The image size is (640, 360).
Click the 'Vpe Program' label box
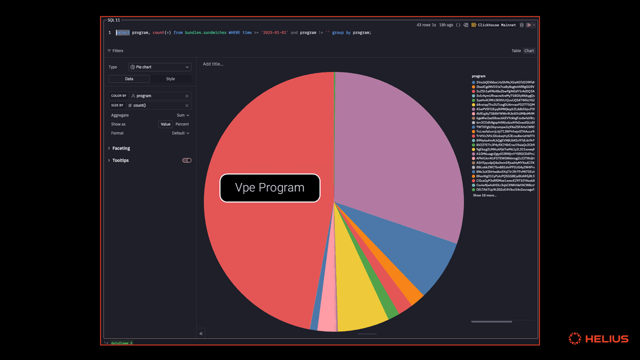click(270, 188)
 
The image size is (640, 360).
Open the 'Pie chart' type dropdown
click(160, 67)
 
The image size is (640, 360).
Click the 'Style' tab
click(170, 79)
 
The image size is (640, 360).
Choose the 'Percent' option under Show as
click(182, 124)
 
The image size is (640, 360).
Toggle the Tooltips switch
click(187, 160)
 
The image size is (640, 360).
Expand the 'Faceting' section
click(121, 148)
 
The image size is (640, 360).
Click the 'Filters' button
click(115, 51)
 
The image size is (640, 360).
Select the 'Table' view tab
click(516, 51)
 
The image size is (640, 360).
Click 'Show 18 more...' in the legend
click(484, 195)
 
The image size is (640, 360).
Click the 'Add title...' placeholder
click(213, 64)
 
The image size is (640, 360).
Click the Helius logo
click(598, 338)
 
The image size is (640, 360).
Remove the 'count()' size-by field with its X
click(187, 105)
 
